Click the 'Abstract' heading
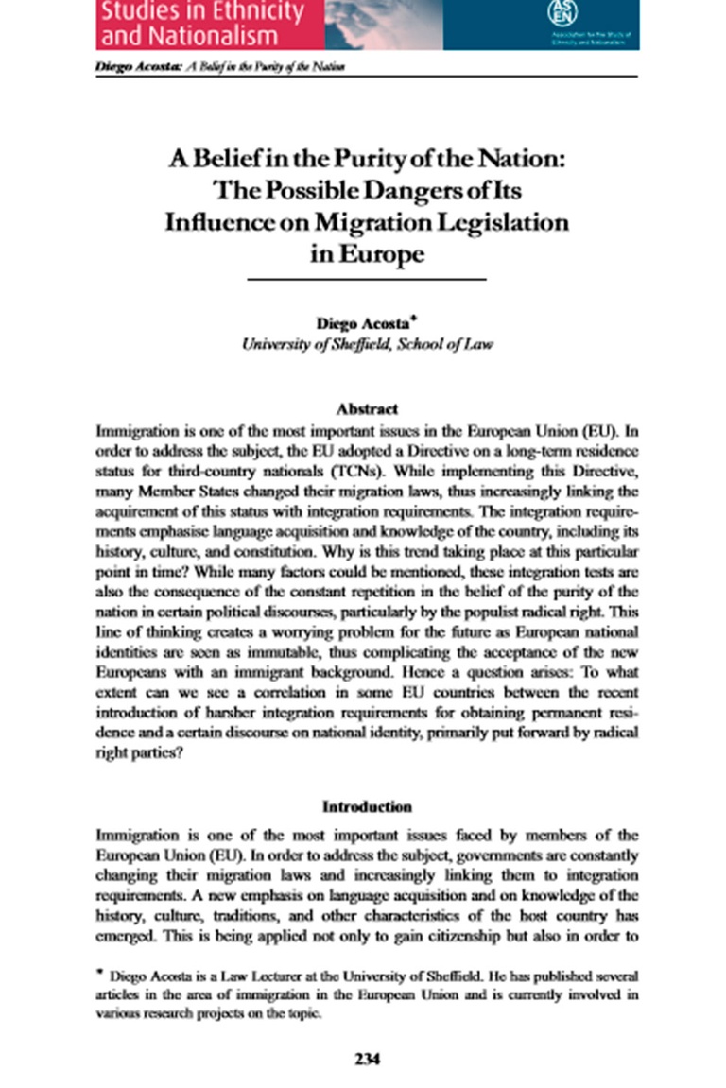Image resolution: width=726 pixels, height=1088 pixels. click(367, 409)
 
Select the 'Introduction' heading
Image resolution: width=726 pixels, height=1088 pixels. click(367, 807)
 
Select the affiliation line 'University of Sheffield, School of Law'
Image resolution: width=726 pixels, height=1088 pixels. click(367, 344)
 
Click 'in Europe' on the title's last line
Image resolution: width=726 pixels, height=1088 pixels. click(367, 254)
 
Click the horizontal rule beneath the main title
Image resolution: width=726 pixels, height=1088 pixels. click(367, 280)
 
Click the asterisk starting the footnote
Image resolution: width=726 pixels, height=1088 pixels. click(100, 973)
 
